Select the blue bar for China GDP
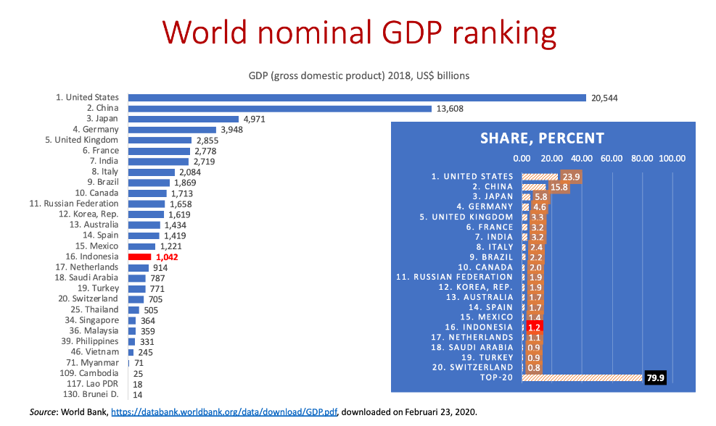pyautogui.click(x=280, y=109)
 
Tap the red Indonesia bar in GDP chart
pyautogui.click(x=139, y=256)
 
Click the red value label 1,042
pyautogui.click(x=167, y=257)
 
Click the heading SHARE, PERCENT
pyautogui.click(x=542, y=138)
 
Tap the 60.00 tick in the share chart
pyautogui.click(x=612, y=159)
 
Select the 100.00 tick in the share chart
pyautogui.click(x=672, y=159)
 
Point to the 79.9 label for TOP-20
pyautogui.click(x=655, y=377)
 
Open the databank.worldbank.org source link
pyautogui.click(x=224, y=412)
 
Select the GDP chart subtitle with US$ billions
pyautogui.click(x=358, y=75)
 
